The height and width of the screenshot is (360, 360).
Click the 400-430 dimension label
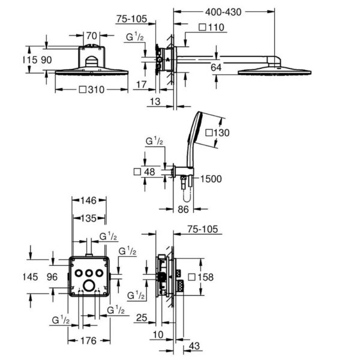coord(223,12)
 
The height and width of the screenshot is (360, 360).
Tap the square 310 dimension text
coord(92,89)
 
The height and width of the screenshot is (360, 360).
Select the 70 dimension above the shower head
coord(92,36)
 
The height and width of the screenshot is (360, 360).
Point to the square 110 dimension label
coord(211,28)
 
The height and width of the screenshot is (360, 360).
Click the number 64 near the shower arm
coord(216,67)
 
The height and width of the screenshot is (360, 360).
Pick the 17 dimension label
coord(142,85)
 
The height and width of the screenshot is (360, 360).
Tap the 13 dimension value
coord(155,101)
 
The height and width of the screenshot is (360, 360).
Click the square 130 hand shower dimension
coord(217,133)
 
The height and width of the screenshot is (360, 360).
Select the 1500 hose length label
coord(211,179)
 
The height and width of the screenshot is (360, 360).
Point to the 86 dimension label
coord(183,209)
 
